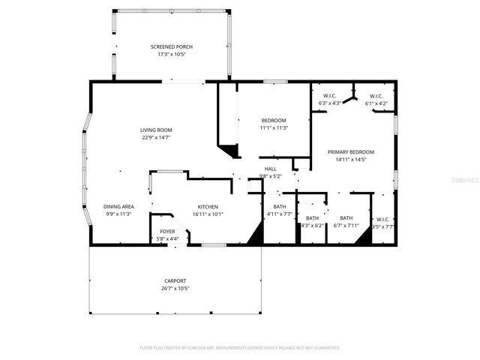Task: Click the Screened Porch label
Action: (171, 46)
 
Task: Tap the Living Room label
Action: (156, 130)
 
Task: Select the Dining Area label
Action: (118, 206)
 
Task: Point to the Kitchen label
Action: (208, 206)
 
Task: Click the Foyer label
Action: (167, 232)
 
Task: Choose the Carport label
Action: (175, 280)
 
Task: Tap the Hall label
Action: (270, 169)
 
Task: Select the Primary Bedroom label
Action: (351, 151)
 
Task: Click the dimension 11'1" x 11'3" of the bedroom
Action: (274, 128)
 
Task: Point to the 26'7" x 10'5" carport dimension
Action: (175, 288)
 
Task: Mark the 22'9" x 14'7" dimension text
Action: (156, 137)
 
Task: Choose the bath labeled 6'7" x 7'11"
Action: (346, 217)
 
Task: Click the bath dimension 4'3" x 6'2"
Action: (311, 225)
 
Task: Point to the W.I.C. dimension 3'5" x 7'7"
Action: (383, 226)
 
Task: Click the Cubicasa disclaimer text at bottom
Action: (240, 348)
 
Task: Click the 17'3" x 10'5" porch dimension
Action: (171, 54)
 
